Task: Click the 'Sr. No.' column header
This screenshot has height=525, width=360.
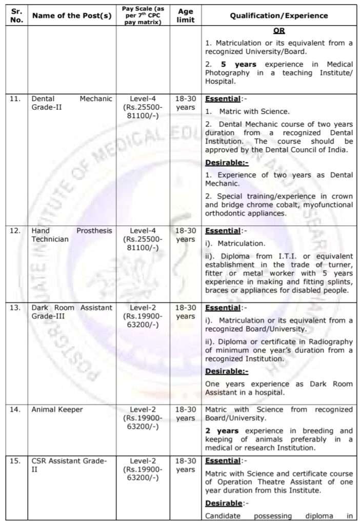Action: click(x=17, y=15)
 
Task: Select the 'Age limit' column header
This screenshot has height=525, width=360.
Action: click(x=185, y=15)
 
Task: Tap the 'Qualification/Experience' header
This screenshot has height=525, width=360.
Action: click(x=278, y=16)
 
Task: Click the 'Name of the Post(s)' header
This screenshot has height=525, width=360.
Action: click(x=72, y=16)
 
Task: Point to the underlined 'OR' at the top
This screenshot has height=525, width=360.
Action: click(x=279, y=31)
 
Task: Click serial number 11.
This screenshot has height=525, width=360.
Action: click(x=15, y=99)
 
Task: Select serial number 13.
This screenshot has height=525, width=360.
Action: click(x=15, y=308)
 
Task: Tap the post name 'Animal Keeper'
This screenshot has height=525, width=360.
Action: click(x=57, y=410)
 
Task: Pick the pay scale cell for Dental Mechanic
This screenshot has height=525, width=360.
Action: click(x=143, y=107)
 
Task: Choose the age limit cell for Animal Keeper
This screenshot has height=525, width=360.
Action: click(x=185, y=414)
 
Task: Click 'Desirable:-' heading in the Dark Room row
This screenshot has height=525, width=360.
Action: click(x=227, y=371)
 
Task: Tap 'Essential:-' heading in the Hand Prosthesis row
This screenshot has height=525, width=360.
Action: click(x=224, y=231)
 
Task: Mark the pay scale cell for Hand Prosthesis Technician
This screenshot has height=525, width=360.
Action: click(x=143, y=239)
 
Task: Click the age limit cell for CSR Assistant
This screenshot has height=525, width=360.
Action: click(x=185, y=465)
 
